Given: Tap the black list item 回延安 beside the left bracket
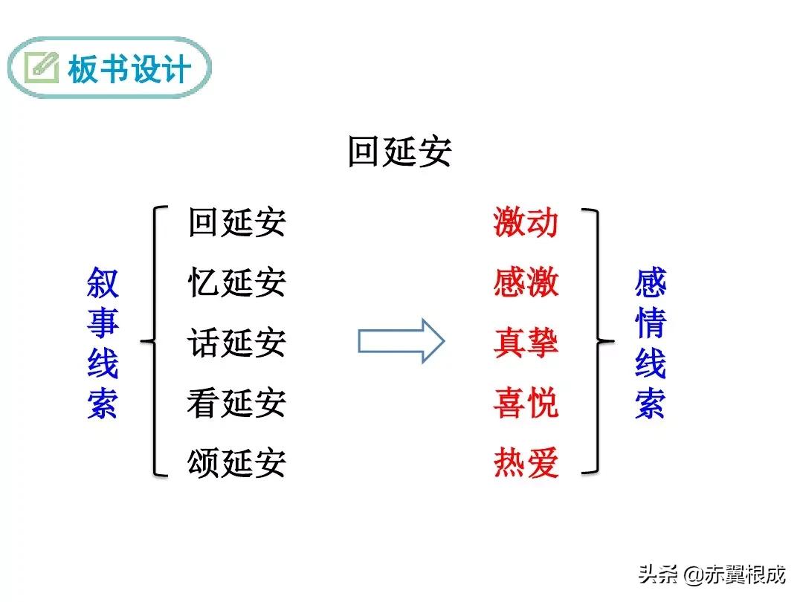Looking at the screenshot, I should (x=236, y=222).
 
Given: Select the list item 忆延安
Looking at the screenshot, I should (x=236, y=282).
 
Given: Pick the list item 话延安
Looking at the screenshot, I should (x=236, y=343).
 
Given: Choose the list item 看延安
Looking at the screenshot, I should (x=236, y=403).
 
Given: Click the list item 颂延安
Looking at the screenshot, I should (x=236, y=463).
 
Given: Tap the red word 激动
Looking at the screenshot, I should (x=526, y=222).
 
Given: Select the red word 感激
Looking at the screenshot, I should (x=526, y=282).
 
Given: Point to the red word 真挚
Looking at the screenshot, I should (x=526, y=343).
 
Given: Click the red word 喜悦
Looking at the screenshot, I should (x=526, y=403).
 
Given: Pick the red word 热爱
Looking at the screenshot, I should (x=526, y=463).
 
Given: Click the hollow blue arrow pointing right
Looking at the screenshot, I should (x=401, y=341).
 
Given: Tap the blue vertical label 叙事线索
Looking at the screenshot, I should (x=103, y=343).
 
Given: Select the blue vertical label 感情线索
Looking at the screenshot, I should (x=651, y=343).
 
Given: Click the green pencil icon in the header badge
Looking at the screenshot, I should (x=42, y=68).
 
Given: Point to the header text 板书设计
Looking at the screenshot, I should (x=129, y=70).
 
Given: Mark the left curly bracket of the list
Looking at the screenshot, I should (x=152, y=341).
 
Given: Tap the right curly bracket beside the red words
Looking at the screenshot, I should (x=599, y=341).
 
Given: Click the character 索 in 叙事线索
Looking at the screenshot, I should (x=103, y=404).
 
